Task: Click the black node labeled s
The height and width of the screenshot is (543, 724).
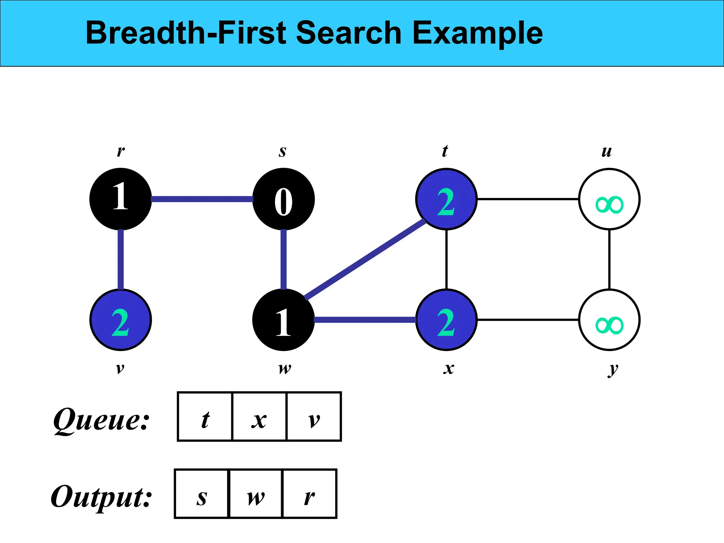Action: coord(284,199)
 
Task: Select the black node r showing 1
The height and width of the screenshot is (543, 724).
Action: coord(121,199)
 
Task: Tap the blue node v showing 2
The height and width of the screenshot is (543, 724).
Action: coord(121,320)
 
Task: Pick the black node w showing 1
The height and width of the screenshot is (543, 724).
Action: coord(284,320)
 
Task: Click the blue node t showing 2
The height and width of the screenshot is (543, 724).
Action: coord(446,199)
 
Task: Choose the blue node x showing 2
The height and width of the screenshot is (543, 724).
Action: coord(446,320)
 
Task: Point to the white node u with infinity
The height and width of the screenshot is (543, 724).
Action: coord(609,199)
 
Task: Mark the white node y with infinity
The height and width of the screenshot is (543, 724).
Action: coord(609,320)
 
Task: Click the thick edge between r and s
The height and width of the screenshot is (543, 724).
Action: coord(202,199)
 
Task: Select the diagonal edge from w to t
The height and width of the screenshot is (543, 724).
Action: coord(365,259)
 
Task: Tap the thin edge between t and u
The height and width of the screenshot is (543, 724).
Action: coord(528,199)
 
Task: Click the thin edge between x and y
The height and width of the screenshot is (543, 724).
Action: coord(528,320)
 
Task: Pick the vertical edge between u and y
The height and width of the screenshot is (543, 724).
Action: coord(609,259)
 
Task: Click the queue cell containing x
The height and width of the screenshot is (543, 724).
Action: coord(259,416)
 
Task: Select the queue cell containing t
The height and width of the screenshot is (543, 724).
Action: coord(205,416)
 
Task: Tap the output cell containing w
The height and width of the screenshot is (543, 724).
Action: coord(256,494)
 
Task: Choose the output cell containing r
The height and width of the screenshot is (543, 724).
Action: coord(310,494)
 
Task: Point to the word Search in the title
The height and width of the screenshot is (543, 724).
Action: coord(349,33)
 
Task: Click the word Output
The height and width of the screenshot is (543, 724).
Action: coord(101,497)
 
